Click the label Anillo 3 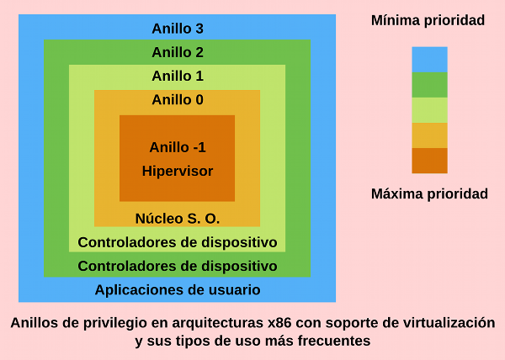177,28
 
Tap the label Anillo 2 177,52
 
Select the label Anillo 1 177,76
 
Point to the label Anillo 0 177,100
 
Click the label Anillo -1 177,147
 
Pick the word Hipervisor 177,171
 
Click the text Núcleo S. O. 177,219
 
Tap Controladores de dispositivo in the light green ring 177,242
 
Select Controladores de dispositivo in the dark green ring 177,266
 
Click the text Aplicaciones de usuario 177,290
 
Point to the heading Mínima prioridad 428,20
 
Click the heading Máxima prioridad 429,194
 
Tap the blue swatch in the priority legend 429,59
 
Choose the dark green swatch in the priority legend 429,84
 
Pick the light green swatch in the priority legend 429,109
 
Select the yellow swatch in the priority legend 429,135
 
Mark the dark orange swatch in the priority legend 429,160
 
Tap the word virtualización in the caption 447,323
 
